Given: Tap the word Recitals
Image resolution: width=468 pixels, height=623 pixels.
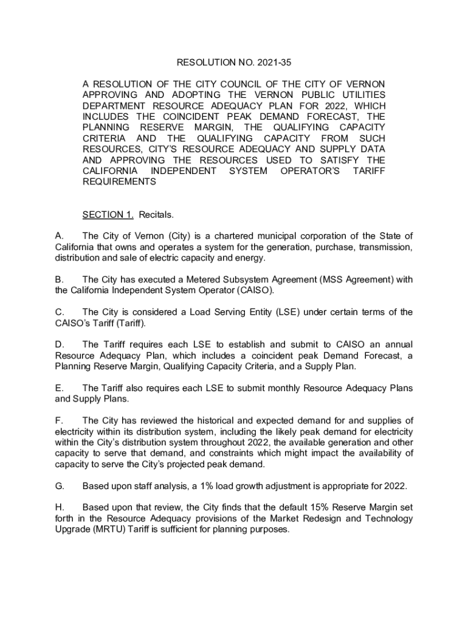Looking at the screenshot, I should (156, 215).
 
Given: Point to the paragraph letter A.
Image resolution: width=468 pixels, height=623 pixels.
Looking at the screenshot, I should (58, 236).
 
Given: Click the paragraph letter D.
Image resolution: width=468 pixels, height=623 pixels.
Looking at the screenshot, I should (58, 345).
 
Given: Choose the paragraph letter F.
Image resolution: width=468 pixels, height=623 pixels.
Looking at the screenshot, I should (58, 421).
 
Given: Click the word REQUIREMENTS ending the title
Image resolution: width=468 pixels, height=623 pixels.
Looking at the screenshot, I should (120, 182).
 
